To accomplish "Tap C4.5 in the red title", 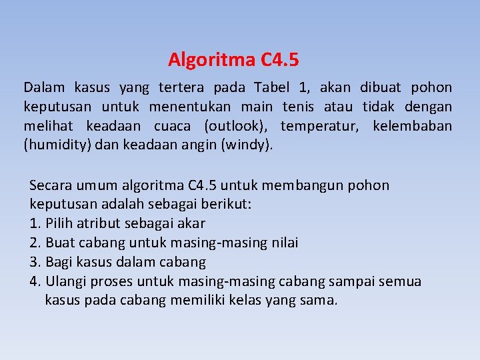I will [279, 60].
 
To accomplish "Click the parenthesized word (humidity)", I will [57, 145].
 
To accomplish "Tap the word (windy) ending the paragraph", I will [250, 145].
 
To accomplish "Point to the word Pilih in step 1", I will [61, 223].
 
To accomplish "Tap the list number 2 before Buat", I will [34, 243].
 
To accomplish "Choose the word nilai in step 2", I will [283, 243].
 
